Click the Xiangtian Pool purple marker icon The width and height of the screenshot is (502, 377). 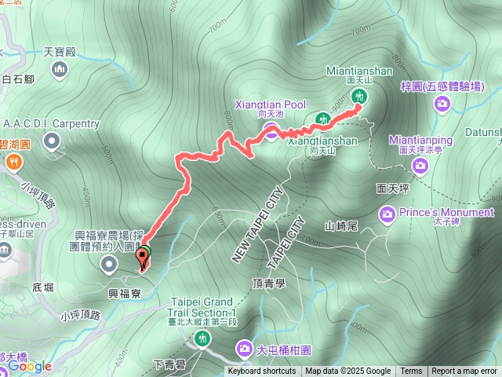270,132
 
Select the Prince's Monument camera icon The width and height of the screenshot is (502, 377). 387,213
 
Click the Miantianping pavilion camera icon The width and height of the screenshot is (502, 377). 420,165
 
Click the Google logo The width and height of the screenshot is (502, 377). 30,366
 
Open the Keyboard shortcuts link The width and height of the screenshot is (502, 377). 262,372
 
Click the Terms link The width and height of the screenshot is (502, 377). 411,372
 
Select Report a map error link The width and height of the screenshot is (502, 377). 464,372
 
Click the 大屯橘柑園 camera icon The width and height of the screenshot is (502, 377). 245,348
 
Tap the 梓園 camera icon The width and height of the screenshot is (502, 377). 442,104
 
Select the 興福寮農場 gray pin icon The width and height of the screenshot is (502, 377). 108,265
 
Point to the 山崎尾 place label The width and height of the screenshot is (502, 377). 342,226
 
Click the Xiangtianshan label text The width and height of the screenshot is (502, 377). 322,141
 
